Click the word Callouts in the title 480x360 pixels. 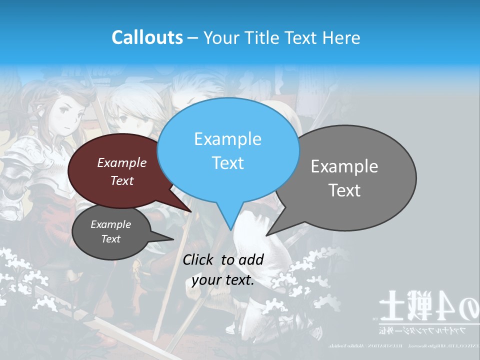147,37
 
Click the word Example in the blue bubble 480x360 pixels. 227,139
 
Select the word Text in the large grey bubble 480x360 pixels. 344,190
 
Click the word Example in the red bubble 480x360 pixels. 121,163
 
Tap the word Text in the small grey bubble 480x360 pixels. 110,239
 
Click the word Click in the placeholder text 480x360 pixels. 199,259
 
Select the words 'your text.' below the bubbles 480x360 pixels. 222,280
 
